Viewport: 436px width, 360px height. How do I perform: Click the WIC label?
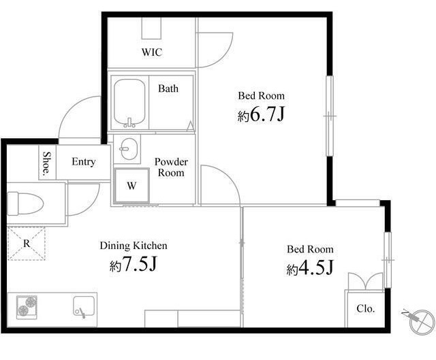pyautogui.click(x=152, y=52)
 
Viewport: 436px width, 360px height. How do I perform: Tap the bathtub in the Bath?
pyautogui.click(x=129, y=103)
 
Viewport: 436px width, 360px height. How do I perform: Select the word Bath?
pyautogui.click(x=168, y=88)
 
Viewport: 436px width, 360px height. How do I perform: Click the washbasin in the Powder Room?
pyautogui.click(x=129, y=149)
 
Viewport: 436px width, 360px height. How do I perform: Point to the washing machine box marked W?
pyautogui.click(x=131, y=185)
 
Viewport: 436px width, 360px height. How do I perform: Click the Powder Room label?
pyautogui.click(x=171, y=167)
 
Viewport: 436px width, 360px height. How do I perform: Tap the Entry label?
pyautogui.click(x=83, y=162)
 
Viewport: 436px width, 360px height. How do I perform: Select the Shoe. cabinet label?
pyautogui.click(x=46, y=164)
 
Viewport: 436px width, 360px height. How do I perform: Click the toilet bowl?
pyautogui.click(x=25, y=203)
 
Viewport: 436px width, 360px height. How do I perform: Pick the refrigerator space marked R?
pyautogui.click(x=26, y=244)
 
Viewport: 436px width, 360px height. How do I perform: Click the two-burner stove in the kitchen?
pyautogui.click(x=27, y=307)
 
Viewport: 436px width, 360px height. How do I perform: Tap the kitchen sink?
pyautogui.click(x=84, y=306)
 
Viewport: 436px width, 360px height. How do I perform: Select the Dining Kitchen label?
pyautogui.click(x=134, y=246)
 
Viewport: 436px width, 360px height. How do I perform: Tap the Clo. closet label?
pyautogui.click(x=366, y=308)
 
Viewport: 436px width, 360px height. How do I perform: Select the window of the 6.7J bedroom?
pyautogui.click(x=330, y=116)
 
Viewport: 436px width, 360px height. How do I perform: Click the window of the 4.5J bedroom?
pyautogui.click(x=388, y=260)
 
